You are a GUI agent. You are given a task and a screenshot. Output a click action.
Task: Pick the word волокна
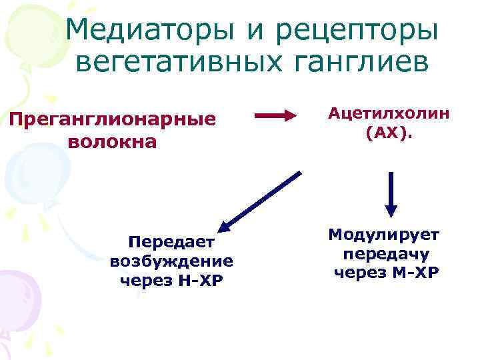coord(112,142)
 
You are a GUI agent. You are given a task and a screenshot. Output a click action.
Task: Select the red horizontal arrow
coord(275,117)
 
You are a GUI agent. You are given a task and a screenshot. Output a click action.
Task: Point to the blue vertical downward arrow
coord(391,195)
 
